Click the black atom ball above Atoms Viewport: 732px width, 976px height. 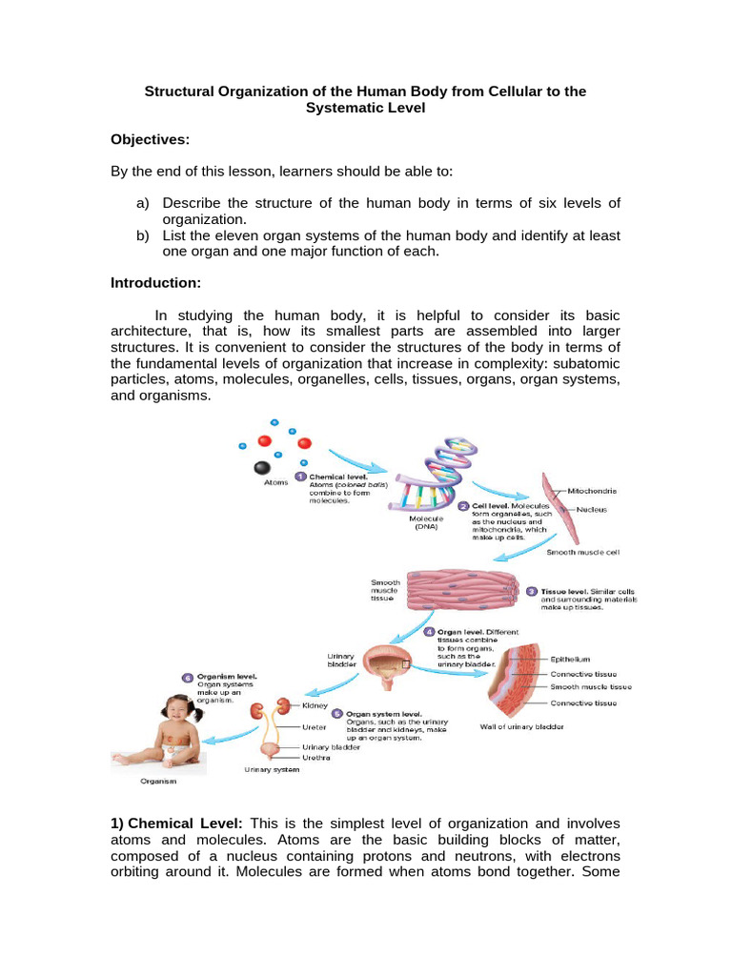click(x=260, y=468)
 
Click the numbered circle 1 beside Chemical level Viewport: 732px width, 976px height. click(x=299, y=477)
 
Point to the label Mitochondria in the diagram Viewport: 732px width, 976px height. click(x=592, y=490)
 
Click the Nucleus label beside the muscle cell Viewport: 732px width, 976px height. click(x=591, y=509)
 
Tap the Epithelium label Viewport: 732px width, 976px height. click(x=571, y=659)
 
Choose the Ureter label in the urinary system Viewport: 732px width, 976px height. click(x=314, y=727)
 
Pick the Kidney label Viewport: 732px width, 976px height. click(x=315, y=706)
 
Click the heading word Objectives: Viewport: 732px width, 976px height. click(x=151, y=140)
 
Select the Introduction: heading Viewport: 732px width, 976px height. click(x=156, y=283)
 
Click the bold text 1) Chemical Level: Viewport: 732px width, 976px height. click(x=177, y=823)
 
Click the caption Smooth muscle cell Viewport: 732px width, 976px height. click(x=583, y=552)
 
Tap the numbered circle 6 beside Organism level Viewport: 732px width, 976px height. click(x=188, y=677)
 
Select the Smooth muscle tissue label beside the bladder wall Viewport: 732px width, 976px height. click(x=590, y=686)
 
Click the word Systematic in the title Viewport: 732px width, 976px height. click(x=345, y=109)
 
